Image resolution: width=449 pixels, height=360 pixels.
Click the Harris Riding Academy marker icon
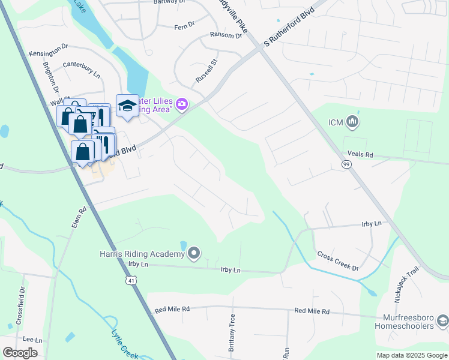point(193,254)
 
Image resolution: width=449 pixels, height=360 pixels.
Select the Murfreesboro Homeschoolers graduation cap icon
point(442,321)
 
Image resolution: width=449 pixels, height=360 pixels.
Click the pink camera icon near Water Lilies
point(182,106)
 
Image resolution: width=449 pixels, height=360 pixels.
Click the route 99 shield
point(346,164)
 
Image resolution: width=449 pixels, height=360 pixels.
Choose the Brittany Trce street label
point(232,328)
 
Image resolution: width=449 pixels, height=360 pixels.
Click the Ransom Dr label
point(226,36)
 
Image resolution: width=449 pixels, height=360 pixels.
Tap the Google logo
point(20,353)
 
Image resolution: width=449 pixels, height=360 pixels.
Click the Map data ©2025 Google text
point(411,355)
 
